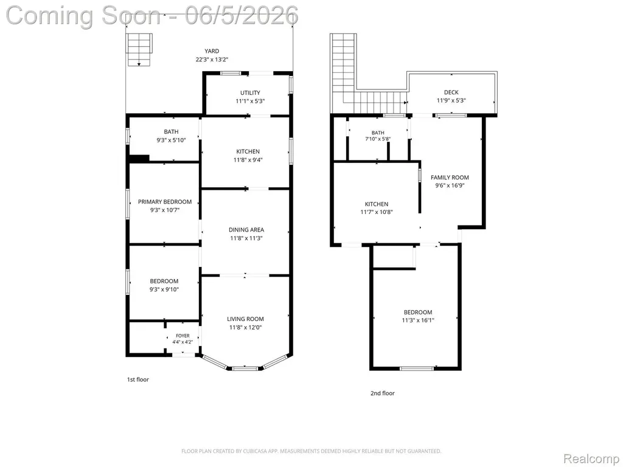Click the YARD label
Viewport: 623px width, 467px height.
(x=212, y=51)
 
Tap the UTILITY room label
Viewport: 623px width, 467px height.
(x=250, y=92)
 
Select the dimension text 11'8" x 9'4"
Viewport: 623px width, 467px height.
(x=248, y=160)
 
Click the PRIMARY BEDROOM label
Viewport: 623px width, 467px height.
(x=165, y=202)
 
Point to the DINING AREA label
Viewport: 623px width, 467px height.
(x=246, y=229)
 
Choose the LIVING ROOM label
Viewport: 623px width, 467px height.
(x=246, y=319)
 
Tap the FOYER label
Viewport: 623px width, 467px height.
(x=183, y=336)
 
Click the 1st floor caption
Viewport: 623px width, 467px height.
(x=138, y=379)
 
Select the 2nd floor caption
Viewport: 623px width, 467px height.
(x=383, y=393)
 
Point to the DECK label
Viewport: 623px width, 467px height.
(x=451, y=92)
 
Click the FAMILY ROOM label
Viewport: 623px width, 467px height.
(x=450, y=178)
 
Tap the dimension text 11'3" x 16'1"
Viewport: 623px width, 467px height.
(x=418, y=320)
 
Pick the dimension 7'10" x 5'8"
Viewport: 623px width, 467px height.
(x=378, y=139)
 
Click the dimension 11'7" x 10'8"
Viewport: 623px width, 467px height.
(x=377, y=212)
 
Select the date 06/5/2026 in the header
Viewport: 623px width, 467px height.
(x=242, y=15)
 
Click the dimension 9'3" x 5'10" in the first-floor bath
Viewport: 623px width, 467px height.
(x=171, y=140)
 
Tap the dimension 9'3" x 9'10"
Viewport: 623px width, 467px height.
(x=164, y=289)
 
